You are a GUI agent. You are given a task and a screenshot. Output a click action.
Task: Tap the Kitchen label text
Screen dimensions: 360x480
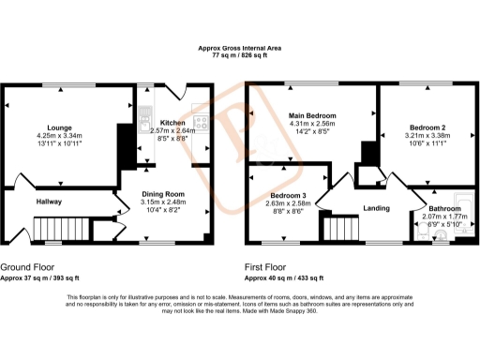click(x=172, y=123)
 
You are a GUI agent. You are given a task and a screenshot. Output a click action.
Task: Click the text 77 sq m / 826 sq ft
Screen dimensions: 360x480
click(x=240, y=56)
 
